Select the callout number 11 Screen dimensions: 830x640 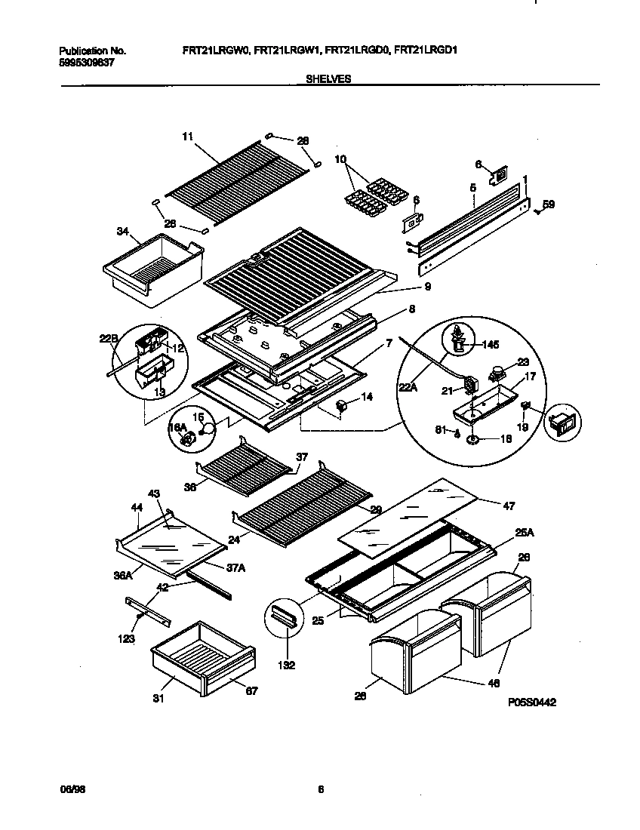tap(188, 137)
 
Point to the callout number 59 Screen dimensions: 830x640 tap(549, 203)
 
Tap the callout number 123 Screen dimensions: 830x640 tap(126, 639)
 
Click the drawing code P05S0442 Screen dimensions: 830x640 tap(532, 702)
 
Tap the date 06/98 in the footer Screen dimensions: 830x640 tap(69, 790)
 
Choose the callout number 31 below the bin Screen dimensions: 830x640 tap(158, 698)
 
